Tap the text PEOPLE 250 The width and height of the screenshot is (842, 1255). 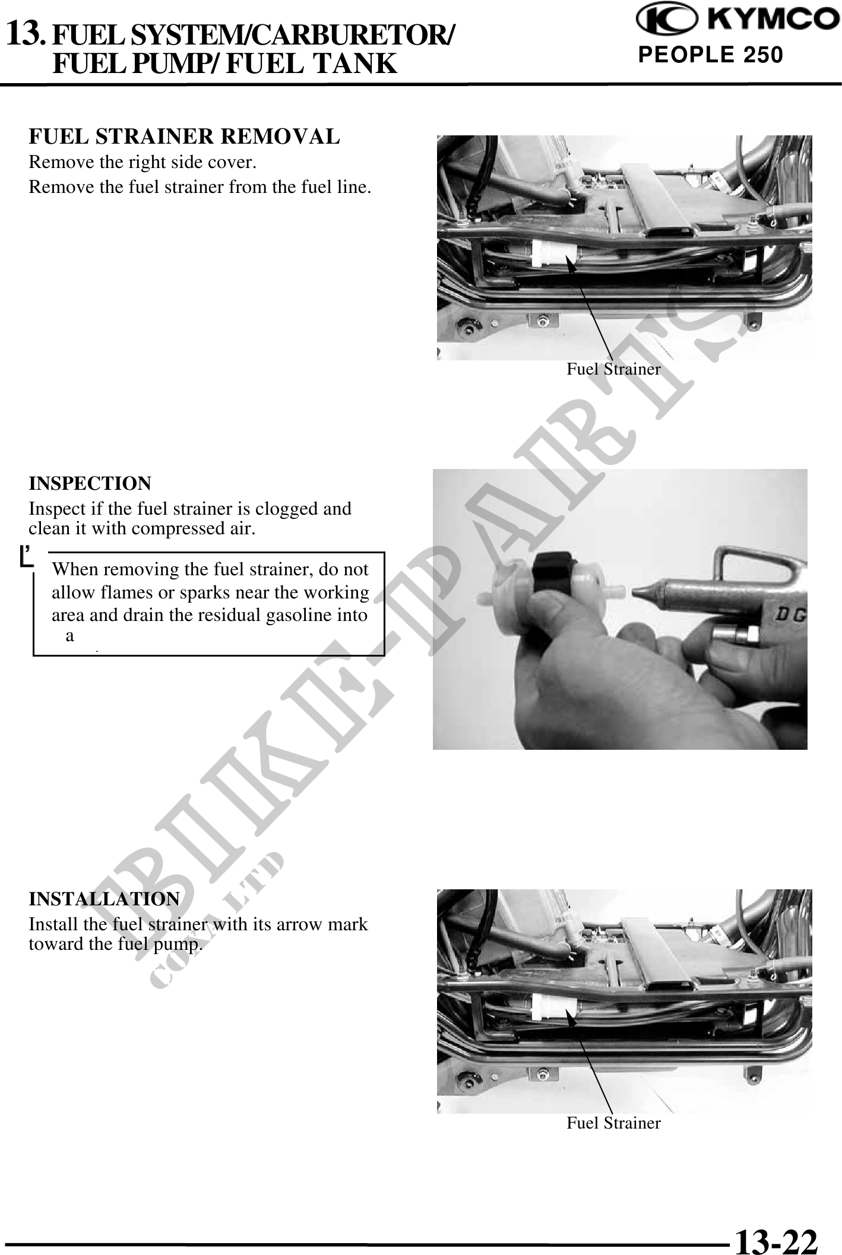point(710,55)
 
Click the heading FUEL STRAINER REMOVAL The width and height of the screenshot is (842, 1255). point(185,137)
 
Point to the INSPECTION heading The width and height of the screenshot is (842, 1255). point(90,483)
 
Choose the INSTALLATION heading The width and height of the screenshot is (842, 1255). point(105,899)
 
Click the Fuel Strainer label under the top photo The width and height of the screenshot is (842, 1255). point(613,369)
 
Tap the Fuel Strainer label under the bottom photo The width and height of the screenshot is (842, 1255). point(613,1123)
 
